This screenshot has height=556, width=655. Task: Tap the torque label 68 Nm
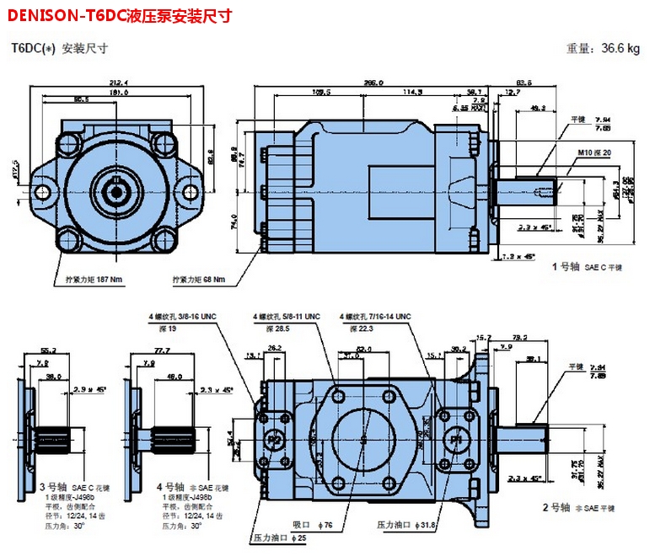point(199,279)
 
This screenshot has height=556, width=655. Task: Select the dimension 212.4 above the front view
point(117,83)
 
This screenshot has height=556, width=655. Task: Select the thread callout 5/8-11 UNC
point(287,316)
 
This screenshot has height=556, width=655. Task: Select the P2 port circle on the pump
point(273,440)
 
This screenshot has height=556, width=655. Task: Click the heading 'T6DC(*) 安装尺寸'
point(59,48)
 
